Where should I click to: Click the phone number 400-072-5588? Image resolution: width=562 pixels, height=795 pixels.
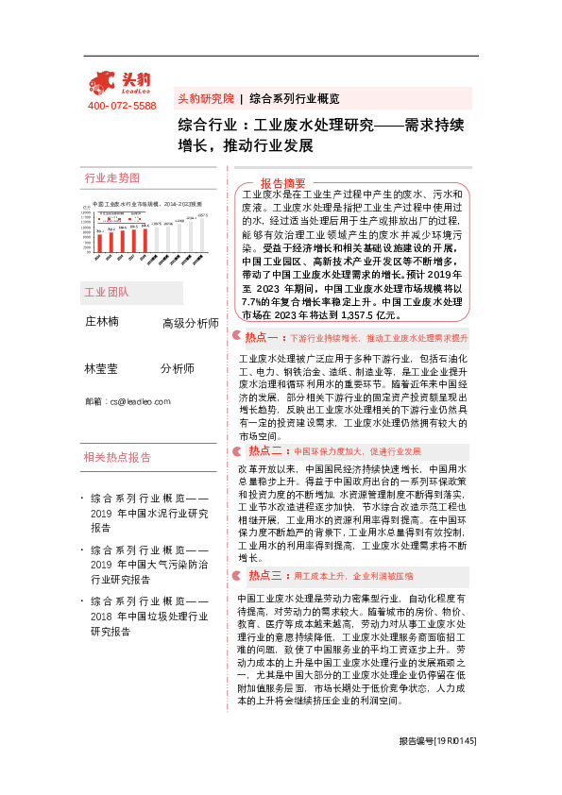122,106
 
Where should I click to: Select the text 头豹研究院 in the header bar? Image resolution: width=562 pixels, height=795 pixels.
206,98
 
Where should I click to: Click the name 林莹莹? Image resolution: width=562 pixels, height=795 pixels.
102,368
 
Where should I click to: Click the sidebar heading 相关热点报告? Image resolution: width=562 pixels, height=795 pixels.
117,457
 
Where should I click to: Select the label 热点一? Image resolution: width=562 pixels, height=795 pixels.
261,337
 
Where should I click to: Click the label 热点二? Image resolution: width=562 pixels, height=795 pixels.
264,451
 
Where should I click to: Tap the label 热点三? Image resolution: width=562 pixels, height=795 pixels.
264,575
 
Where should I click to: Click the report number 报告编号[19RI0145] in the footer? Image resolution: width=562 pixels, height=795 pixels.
437,769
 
